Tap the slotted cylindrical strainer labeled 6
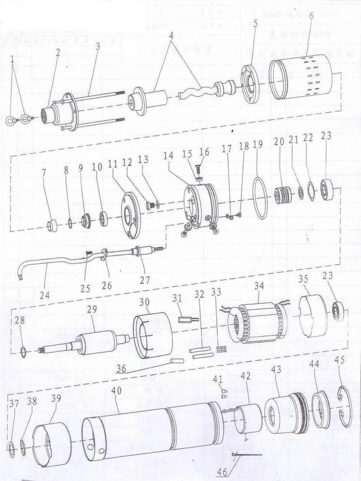click(x=301, y=77)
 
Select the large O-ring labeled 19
click(x=259, y=198)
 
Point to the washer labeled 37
click(x=11, y=448)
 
